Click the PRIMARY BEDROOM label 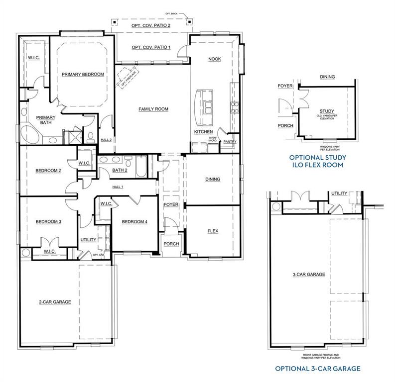pos(83,74)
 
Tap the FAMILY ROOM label pos(153,109)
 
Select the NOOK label pos(214,59)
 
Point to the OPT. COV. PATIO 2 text pos(150,25)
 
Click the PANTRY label pos(230,142)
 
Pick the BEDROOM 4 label pos(134,221)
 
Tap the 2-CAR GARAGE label pos(55,302)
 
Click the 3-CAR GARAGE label pos(309,274)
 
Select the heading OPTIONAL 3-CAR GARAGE pos(318,369)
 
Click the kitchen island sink pos(207,108)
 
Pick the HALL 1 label pos(118,187)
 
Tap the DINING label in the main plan pos(213,179)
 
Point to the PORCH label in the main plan pos(171,244)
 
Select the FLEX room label pos(213,231)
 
